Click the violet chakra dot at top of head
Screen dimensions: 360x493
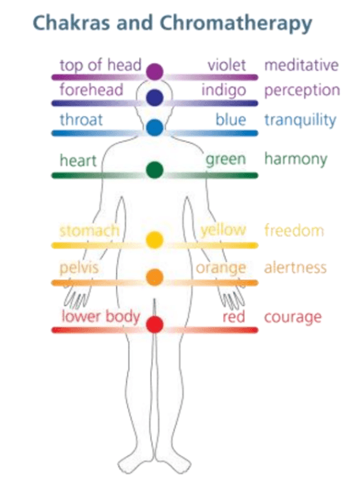155,72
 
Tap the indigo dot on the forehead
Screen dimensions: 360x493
155,98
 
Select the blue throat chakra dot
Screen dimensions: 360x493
155,127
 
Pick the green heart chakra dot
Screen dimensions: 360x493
155,170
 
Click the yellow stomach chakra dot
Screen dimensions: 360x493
155,240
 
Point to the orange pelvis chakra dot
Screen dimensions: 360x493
155,277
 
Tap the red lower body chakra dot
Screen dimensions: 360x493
155,324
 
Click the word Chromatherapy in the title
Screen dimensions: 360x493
236,24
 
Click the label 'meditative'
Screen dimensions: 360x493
302,65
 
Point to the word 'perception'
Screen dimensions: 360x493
302,91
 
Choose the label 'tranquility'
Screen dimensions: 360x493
300,121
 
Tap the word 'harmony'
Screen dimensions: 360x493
296,159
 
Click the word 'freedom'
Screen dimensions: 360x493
294,230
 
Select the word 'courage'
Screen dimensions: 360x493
293,318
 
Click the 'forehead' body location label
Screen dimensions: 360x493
92,90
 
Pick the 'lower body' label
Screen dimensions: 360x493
101,316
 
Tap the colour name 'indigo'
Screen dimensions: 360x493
223,91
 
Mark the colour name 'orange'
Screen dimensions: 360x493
221,268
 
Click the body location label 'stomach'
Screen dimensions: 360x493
89,230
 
